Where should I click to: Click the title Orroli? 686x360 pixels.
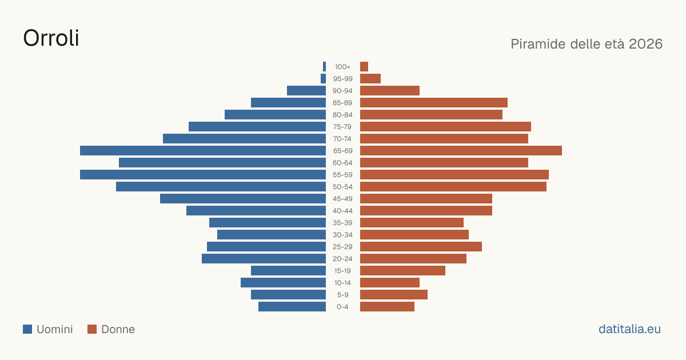[51, 38]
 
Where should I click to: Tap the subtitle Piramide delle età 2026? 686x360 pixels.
[587, 44]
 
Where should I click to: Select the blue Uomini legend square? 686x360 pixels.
[27, 329]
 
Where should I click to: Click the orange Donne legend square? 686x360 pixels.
[92, 329]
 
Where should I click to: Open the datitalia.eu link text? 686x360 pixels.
[629, 329]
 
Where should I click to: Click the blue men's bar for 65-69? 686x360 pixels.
[203, 151]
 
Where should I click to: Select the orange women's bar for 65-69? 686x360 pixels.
[461, 151]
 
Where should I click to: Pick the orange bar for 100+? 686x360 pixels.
[364, 66]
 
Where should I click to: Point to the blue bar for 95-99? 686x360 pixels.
[323, 79]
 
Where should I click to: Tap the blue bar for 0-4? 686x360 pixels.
[292, 307]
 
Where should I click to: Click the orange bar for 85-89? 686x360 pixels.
[434, 102]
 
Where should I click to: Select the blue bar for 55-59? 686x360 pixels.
[203, 174]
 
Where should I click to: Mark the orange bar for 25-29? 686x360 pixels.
[421, 247]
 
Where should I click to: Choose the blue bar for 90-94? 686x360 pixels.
[306, 91]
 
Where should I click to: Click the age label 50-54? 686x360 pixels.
[342, 187]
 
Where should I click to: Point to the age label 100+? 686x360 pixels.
[342, 67]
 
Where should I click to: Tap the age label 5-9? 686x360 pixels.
[342, 295]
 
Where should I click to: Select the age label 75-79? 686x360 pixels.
[342, 127]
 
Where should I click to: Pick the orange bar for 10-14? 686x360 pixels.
[390, 282]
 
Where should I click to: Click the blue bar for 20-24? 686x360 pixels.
[264, 259]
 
